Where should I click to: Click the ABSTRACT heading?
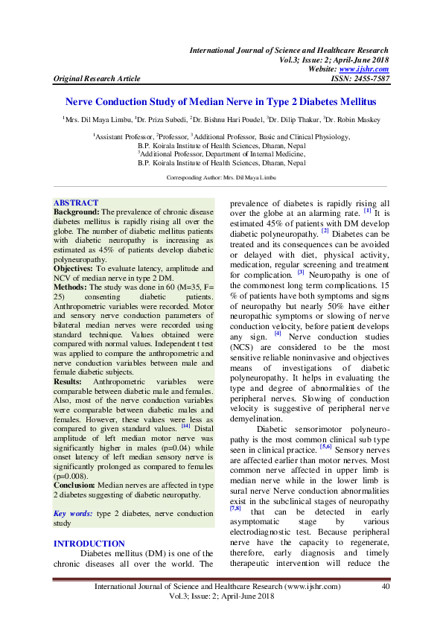pyautogui.click(x=76, y=203)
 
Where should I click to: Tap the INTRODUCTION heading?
pyautogui.click(x=89, y=523)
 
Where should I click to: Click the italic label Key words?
pyautogui.click(x=71, y=493)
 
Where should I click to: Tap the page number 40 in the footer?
pyautogui.click(x=385, y=587)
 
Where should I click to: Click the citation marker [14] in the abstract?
pyautogui.click(x=185, y=426)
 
